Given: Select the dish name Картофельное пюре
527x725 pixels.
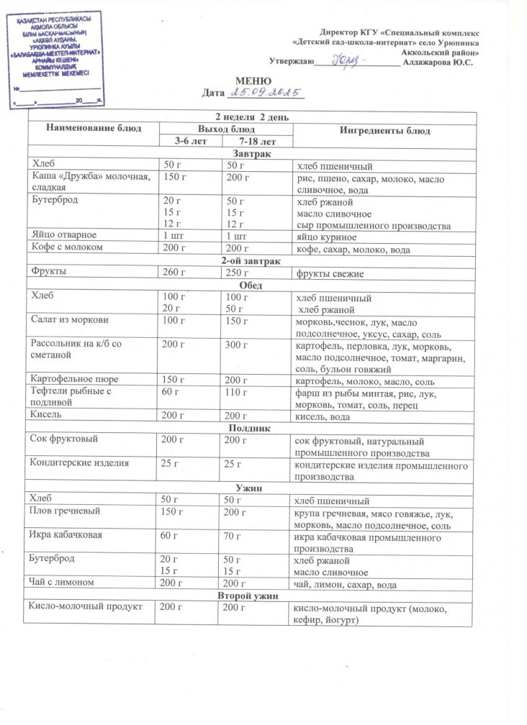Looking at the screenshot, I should click(74, 378).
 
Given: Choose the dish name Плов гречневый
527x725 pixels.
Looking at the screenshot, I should click(65, 511).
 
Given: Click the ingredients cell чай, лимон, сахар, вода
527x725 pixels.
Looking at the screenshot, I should click(346, 585).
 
